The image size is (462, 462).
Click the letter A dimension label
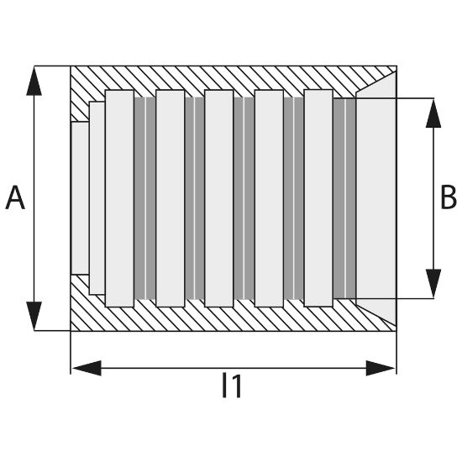[15, 197]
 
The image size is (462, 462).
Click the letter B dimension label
[449, 197]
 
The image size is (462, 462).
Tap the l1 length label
[233, 385]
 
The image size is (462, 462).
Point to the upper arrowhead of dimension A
[34, 81]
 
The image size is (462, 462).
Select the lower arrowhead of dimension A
[34, 316]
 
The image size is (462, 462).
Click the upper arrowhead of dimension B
[433, 113]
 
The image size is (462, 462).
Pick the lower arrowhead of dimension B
[433, 283]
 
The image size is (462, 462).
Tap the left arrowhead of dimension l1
[87, 368]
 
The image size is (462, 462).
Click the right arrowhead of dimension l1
[381, 368]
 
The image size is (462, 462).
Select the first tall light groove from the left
[119, 198]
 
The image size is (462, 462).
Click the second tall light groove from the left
[171, 198]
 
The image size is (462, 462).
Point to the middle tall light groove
[219, 198]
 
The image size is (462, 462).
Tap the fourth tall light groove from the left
[269, 198]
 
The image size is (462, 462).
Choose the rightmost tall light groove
[318, 197]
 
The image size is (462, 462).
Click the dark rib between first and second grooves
[145, 198]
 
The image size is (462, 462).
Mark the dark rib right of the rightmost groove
[344, 198]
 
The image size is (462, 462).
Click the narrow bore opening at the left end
[80, 198]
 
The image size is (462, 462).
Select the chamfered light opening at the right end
[375, 198]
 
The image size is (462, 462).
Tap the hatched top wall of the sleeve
[233, 78]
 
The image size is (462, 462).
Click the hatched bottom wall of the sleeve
[233, 319]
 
